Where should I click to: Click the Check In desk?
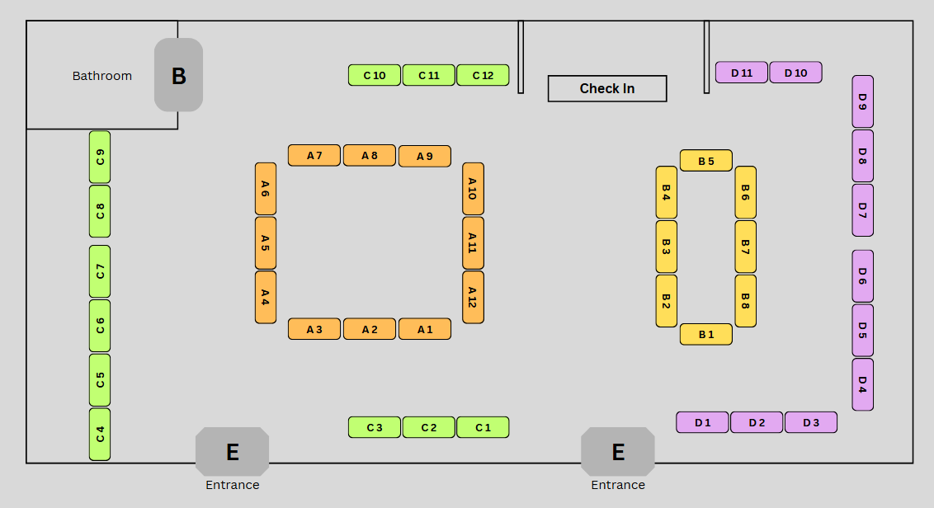click(607, 88)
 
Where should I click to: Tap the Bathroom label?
click(102, 76)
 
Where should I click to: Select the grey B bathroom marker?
click(178, 75)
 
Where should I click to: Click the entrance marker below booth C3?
click(232, 451)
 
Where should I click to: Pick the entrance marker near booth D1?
click(617, 451)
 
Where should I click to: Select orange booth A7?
click(314, 155)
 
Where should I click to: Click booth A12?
click(473, 297)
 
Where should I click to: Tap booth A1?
click(424, 329)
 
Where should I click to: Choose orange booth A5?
click(265, 243)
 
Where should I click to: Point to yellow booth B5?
click(705, 161)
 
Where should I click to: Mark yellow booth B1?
click(705, 334)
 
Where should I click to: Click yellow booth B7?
click(745, 247)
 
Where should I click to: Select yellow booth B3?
click(666, 247)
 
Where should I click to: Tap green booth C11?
click(428, 75)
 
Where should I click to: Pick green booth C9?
click(100, 157)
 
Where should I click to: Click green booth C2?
click(428, 427)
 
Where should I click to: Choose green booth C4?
click(100, 434)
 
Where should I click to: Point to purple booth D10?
click(795, 73)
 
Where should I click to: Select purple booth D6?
click(862, 276)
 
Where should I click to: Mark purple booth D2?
click(757, 422)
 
